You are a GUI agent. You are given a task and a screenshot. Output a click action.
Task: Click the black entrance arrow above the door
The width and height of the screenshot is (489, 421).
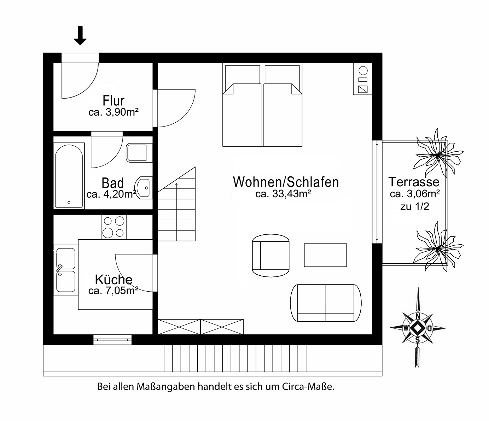(80, 35)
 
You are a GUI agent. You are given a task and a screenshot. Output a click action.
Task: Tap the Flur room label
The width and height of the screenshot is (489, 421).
(113, 100)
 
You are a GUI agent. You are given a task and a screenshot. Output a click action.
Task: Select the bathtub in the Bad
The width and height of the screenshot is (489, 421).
(69, 176)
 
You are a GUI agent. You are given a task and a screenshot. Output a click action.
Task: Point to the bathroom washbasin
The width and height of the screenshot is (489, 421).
(143, 188)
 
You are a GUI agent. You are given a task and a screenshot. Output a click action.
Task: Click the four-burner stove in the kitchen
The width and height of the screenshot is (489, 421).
(113, 227)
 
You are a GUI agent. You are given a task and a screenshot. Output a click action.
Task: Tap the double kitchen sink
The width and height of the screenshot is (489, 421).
(66, 270)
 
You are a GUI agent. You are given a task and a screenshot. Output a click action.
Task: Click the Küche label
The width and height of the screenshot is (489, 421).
(113, 280)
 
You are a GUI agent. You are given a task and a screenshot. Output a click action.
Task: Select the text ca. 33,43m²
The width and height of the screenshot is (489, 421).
(283, 194)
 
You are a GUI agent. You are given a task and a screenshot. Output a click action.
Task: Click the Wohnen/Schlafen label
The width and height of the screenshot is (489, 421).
(286, 182)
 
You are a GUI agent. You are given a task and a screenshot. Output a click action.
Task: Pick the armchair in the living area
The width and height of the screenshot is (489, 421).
(270, 256)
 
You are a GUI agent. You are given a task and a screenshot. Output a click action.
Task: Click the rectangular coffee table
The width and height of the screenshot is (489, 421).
(325, 255)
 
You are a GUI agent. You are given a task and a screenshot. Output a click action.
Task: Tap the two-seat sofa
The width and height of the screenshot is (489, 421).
(326, 303)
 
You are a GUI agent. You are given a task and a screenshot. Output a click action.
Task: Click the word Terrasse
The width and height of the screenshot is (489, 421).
(414, 182)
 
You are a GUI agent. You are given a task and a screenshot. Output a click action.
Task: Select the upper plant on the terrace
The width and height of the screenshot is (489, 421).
(438, 155)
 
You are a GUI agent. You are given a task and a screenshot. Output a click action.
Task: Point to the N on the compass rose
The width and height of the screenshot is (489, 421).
(418, 316)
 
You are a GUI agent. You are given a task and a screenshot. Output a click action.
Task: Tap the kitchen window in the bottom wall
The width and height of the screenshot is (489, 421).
(112, 340)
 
